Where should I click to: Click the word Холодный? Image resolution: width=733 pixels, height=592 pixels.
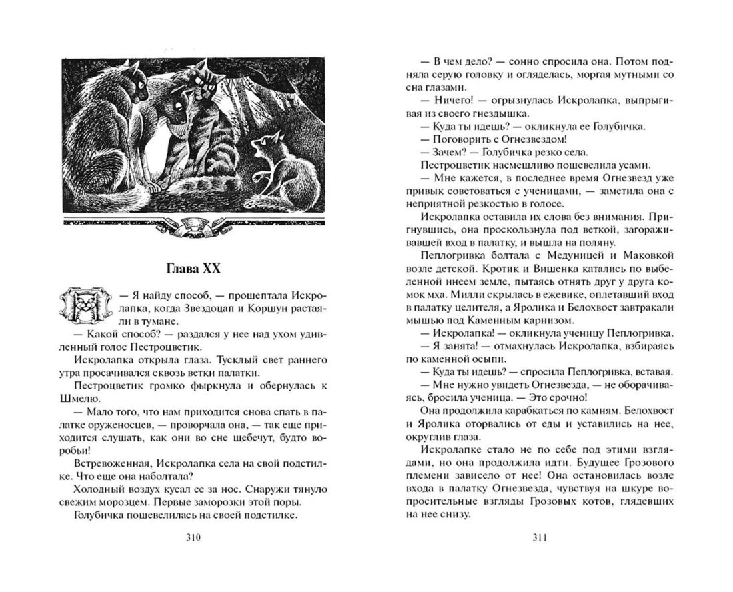(95, 488)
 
